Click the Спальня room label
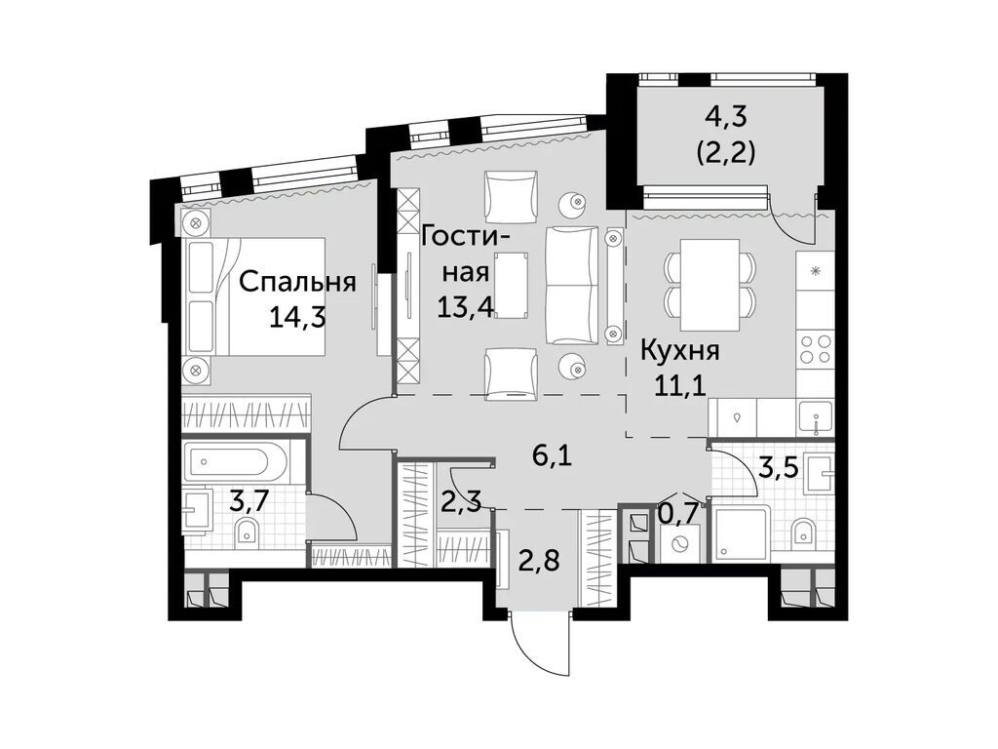tap(296, 283)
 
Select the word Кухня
tap(679, 351)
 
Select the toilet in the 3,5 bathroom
tap(803, 532)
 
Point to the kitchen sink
tap(814, 419)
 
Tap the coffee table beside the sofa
tap(510, 284)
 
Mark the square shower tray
tap(738, 534)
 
